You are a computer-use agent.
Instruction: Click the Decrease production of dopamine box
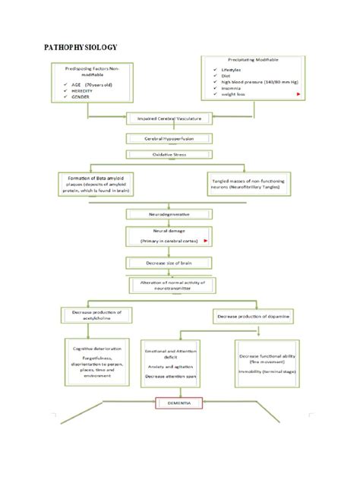tap(251, 315)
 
